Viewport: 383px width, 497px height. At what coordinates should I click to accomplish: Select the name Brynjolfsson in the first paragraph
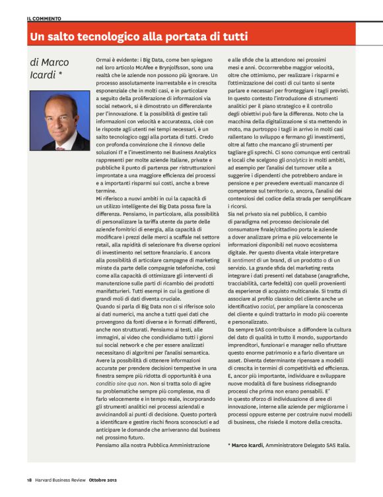180,67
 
